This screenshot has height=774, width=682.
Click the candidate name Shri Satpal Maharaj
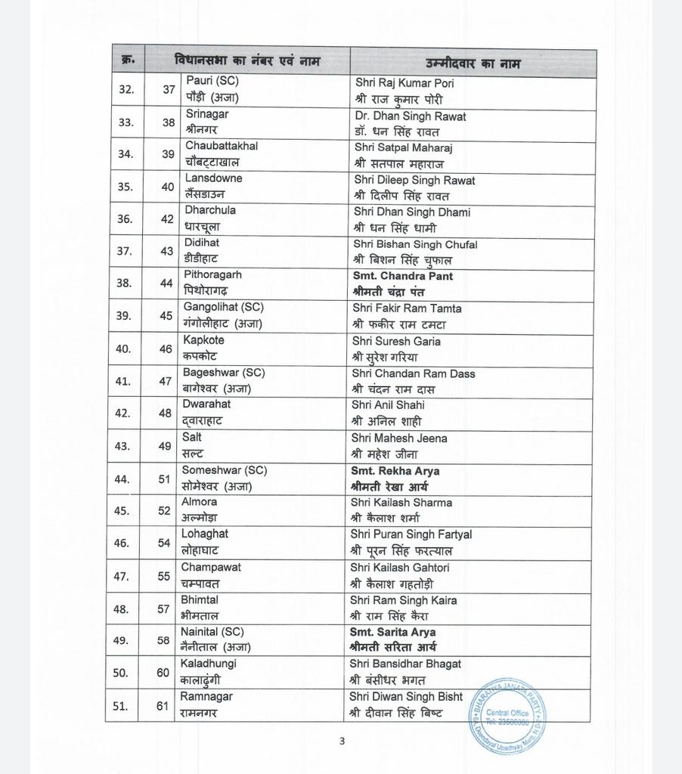point(403,148)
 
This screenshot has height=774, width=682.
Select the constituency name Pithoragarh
point(213,275)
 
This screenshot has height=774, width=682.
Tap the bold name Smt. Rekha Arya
point(395,471)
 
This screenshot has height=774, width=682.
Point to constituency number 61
point(163,706)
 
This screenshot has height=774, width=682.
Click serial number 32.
point(126,89)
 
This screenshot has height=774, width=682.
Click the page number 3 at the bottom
point(342,741)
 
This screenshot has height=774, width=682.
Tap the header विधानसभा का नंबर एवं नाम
point(246,60)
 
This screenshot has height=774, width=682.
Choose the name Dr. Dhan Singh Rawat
point(411,116)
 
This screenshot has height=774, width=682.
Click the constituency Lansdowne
point(214,178)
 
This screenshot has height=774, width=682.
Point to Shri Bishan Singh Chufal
point(415,244)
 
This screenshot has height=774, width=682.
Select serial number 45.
point(122,510)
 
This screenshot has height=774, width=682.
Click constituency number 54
point(164,543)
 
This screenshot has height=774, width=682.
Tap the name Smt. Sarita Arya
point(392,632)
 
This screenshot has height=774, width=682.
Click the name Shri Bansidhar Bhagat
point(405,664)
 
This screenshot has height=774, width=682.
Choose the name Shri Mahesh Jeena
point(399,438)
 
